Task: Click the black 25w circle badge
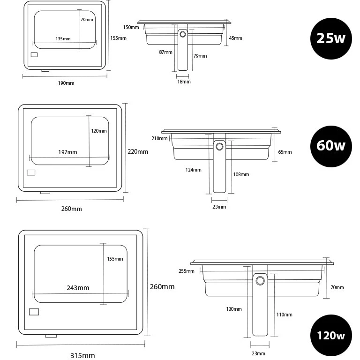pyautogui.click(x=331, y=38)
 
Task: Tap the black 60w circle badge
pyautogui.click(x=331, y=146)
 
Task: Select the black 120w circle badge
pyautogui.click(x=331, y=336)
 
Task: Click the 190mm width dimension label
pyautogui.click(x=66, y=83)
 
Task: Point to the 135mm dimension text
pyautogui.click(x=63, y=39)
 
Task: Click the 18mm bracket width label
pyautogui.click(x=184, y=82)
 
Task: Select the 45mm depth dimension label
pyautogui.click(x=236, y=38)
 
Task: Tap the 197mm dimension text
pyautogui.click(x=67, y=152)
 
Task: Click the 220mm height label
pyautogui.click(x=138, y=151)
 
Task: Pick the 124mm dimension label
pyautogui.click(x=193, y=170)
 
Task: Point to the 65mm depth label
pyautogui.click(x=285, y=152)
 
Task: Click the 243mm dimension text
pyautogui.click(x=78, y=288)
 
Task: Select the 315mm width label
pyautogui.click(x=82, y=355)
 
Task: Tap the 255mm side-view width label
pyautogui.click(x=187, y=271)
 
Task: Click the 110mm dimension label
pyautogui.click(x=284, y=315)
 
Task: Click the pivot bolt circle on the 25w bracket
pyautogui.click(x=183, y=34)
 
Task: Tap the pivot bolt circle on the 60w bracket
pyautogui.click(x=219, y=146)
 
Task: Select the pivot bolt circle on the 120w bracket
pyautogui.click(x=260, y=281)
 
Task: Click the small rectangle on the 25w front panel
pyautogui.click(x=34, y=55)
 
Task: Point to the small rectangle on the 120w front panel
pyautogui.click(x=34, y=312)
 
